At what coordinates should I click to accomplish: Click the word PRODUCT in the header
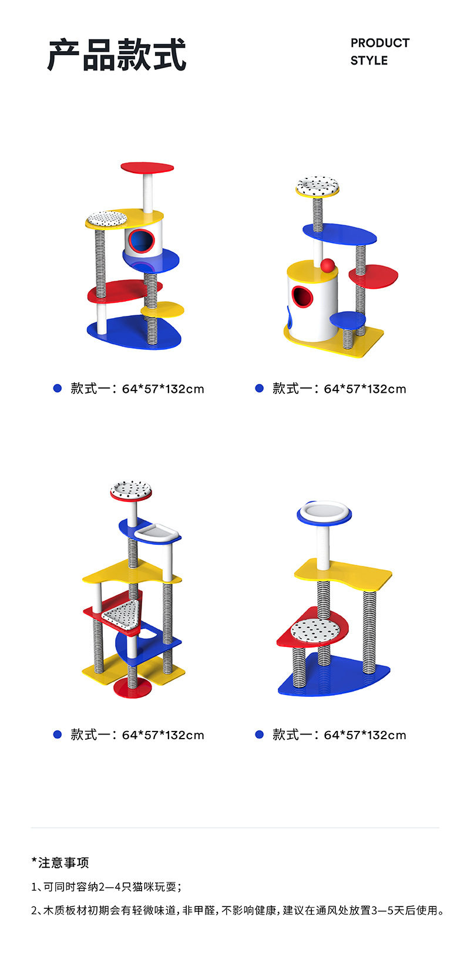tap(380, 43)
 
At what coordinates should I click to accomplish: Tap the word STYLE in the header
tap(369, 60)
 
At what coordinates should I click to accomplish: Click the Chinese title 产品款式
tap(117, 55)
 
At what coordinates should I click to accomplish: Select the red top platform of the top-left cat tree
tap(147, 167)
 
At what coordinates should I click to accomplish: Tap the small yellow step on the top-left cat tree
tap(163, 309)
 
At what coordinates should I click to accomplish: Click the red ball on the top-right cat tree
tap(328, 265)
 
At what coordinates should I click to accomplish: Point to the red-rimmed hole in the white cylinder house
tap(302, 296)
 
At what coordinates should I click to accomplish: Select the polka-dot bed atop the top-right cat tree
tap(317, 186)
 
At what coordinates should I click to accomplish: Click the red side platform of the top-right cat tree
tap(374, 276)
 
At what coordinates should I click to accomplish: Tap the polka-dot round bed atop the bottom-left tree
tap(131, 490)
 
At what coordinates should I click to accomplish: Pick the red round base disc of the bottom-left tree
tap(132, 687)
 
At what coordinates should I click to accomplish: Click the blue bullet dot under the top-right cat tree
tap(259, 388)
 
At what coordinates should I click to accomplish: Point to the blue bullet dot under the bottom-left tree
tap(57, 734)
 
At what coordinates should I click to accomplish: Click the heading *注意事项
tap(60, 862)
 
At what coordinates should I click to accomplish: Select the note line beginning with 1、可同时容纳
tap(106, 887)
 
